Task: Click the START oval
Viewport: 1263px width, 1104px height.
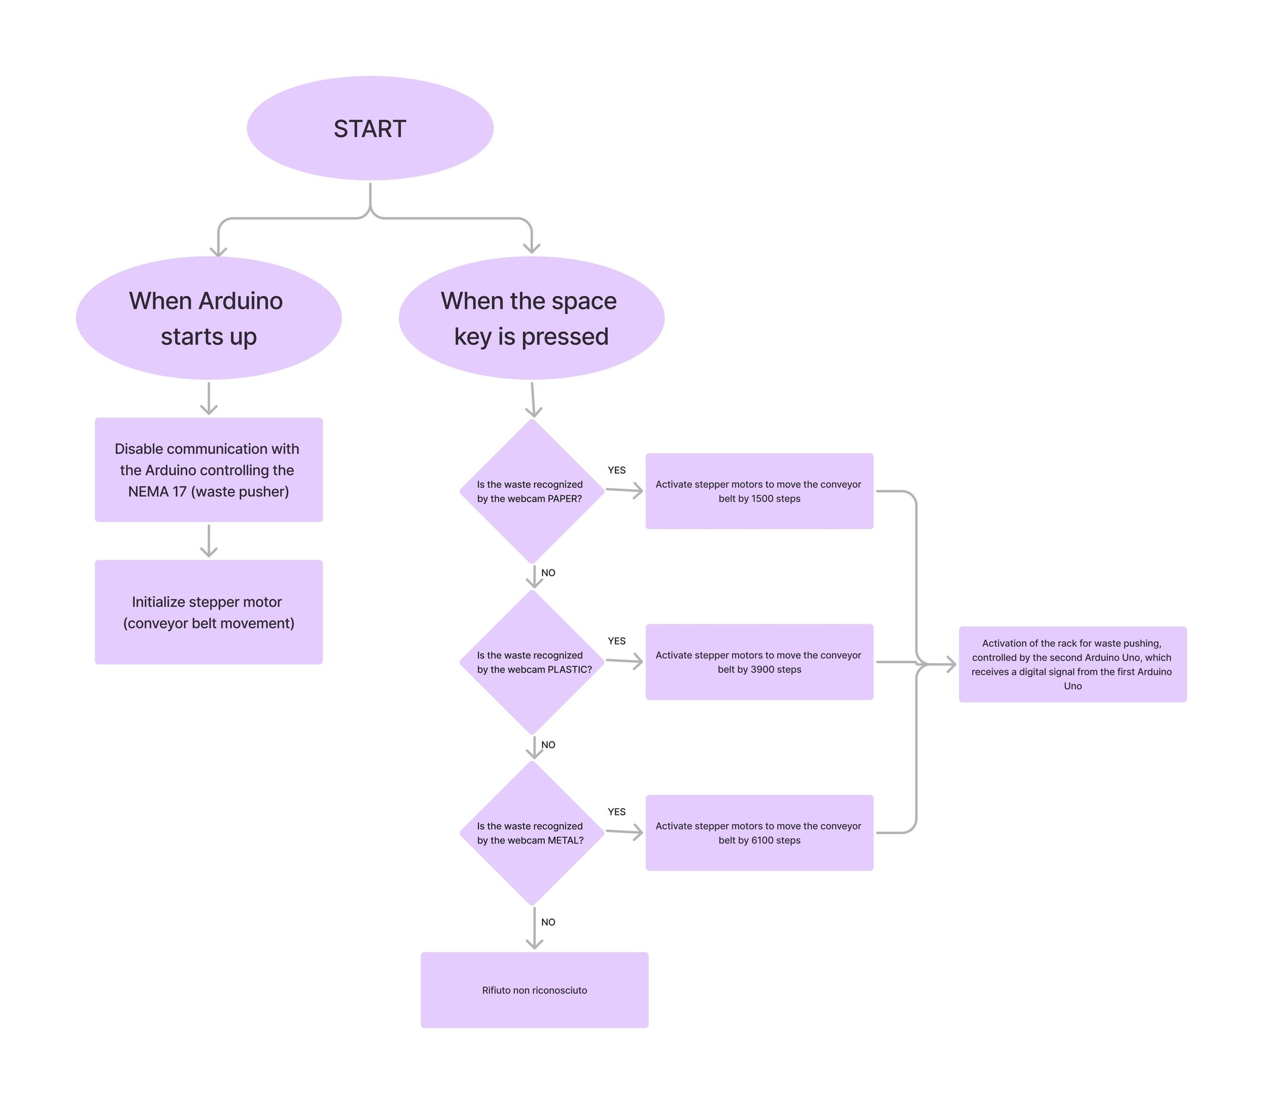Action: click(x=370, y=128)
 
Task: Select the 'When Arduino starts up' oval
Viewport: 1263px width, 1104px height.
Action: click(x=208, y=318)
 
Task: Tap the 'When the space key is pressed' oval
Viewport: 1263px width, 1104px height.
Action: click(x=532, y=318)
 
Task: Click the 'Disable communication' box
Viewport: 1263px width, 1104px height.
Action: click(x=208, y=470)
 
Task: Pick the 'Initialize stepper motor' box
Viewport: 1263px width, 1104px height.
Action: click(x=208, y=612)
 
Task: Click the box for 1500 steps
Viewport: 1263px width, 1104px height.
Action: click(x=759, y=491)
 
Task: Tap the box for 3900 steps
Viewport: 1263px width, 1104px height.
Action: click(x=759, y=662)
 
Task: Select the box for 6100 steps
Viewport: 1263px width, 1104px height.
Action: click(x=759, y=833)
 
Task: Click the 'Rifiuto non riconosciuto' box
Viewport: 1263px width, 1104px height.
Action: click(x=535, y=990)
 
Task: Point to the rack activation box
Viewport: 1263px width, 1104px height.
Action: click(x=1072, y=664)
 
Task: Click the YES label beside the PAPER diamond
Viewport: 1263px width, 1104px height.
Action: click(x=616, y=470)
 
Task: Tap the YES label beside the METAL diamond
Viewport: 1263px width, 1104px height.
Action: click(x=616, y=812)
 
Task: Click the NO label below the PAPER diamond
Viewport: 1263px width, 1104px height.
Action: click(x=548, y=573)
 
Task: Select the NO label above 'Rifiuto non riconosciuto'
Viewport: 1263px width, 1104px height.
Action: click(x=548, y=922)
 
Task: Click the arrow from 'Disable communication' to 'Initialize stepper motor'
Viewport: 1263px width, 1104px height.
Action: click(x=209, y=540)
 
